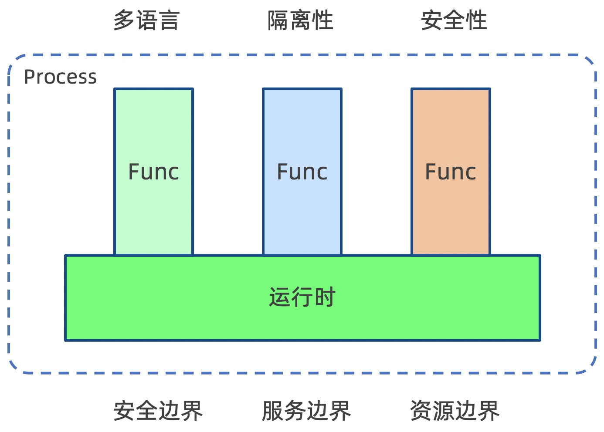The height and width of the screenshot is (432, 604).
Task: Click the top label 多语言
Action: point(146,20)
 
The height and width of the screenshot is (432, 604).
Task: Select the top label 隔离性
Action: point(300,20)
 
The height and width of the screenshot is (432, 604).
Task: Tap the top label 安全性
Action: point(454,20)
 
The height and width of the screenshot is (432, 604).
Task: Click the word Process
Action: point(60,77)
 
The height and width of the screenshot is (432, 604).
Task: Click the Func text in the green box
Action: point(153,172)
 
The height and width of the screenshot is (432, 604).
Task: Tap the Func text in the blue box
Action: point(302,172)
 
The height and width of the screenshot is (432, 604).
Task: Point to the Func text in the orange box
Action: point(451,172)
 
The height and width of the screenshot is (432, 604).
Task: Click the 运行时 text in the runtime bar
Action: point(302,297)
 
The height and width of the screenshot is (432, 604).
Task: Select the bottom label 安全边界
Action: point(158,411)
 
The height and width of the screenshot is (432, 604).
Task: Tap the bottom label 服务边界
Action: point(306,411)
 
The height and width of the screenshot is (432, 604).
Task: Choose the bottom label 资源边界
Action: point(455,411)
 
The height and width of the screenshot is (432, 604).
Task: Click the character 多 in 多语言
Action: point(124,20)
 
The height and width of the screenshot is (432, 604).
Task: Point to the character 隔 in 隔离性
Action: point(278,20)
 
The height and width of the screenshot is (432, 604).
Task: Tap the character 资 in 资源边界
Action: point(421,411)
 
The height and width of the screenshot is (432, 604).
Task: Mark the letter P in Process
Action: point(29,77)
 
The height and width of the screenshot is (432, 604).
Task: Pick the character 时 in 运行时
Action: point(324,297)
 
